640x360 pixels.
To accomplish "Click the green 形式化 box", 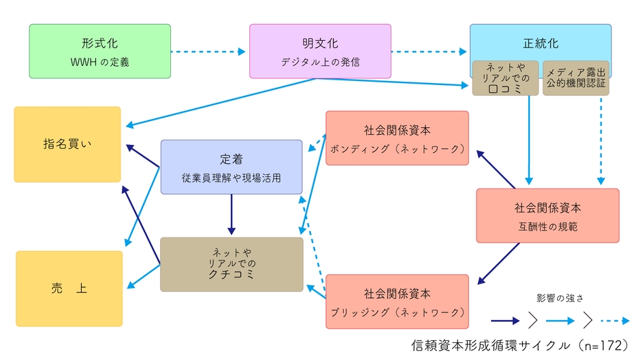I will click(99, 51).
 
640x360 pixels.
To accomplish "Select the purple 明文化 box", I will click(320, 51).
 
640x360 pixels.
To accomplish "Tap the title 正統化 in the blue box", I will click(541, 42).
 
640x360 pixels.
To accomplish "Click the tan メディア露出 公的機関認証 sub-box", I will click(575, 78).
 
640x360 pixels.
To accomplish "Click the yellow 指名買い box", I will click(67, 144).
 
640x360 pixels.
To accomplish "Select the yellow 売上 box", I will click(69, 289).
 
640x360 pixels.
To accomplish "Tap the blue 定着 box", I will click(231, 167).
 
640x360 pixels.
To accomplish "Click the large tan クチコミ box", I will click(231, 264).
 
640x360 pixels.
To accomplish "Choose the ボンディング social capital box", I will click(397, 138).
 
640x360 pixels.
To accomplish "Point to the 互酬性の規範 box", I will click(547, 216).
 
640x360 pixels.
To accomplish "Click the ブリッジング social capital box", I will click(397, 301).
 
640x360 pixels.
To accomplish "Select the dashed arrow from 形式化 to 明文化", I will click(208, 51).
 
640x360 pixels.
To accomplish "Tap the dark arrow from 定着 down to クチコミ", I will click(231, 215).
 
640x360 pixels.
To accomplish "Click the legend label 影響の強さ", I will click(560, 297).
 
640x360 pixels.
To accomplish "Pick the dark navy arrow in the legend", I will click(506, 318).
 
